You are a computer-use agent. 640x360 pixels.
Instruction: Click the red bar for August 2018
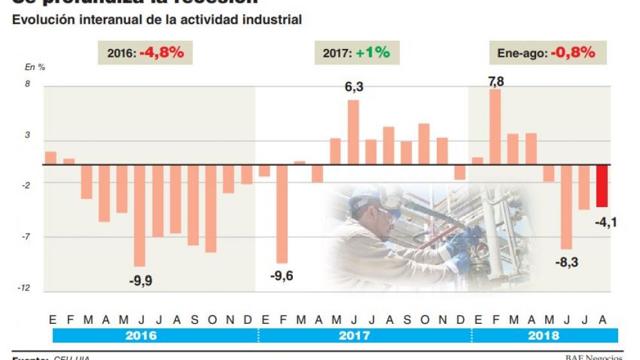click(x=601, y=186)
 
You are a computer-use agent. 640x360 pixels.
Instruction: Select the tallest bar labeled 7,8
click(x=495, y=126)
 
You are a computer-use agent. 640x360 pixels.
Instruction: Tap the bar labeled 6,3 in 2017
click(x=353, y=132)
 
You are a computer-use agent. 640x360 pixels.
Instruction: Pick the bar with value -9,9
click(x=139, y=215)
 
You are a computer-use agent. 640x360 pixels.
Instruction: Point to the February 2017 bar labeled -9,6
click(x=282, y=214)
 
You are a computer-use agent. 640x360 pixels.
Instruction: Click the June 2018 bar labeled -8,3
click(x=566, y=207)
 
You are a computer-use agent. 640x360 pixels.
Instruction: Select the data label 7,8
click(x=496, y=81)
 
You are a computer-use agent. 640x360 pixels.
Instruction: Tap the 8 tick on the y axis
click(x=28, y=84)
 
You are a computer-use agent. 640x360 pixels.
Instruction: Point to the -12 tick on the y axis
click(x=25, y=289)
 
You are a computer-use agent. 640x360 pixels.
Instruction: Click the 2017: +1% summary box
click(x=356, y=53)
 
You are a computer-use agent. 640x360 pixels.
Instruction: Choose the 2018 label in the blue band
click(x=544, y=335)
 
